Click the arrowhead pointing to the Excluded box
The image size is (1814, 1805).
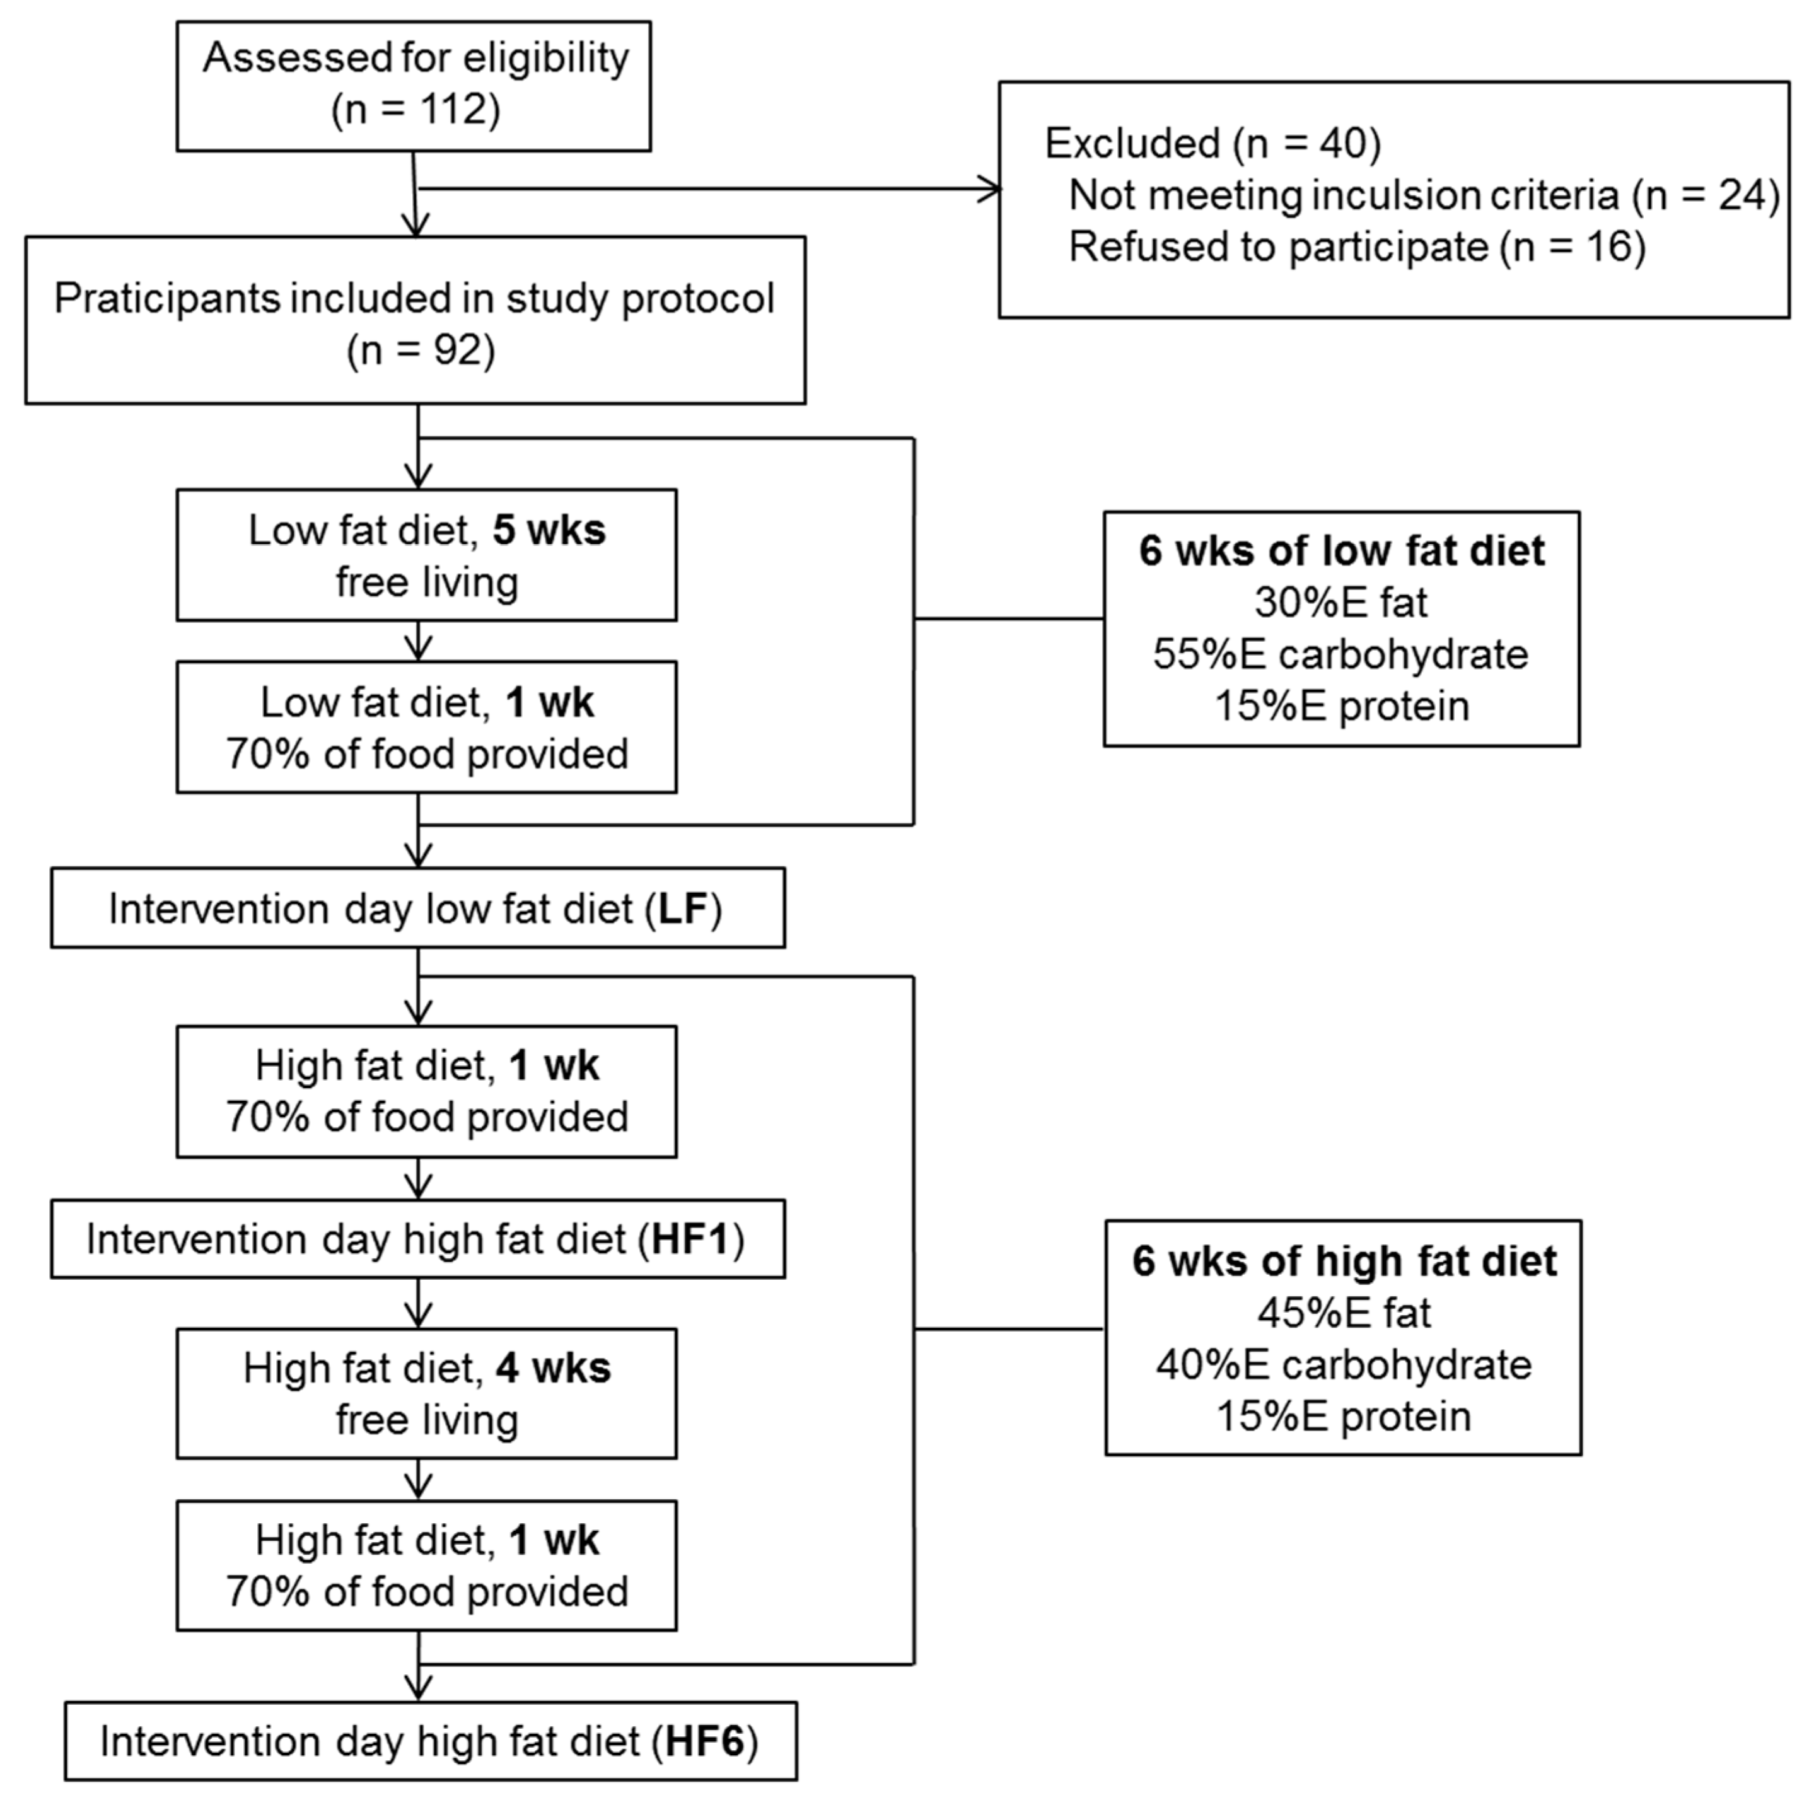point(990,190)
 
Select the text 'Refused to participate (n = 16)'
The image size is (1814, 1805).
point(1357,247)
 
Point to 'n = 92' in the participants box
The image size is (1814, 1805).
point(421,351)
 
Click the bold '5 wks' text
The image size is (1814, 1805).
point(549,530)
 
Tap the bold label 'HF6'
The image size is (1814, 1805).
point(704,1741)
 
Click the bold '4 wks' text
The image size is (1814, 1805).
point(553,1369)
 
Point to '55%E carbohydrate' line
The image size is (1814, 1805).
point(1340,654)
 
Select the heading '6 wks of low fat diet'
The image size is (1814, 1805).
point(1340,551)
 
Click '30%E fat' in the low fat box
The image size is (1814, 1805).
point(1340,603)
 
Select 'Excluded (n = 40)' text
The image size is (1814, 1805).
point(1212,144)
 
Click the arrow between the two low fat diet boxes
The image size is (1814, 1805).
point(418,643)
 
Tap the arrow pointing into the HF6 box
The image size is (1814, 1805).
point(418,1685)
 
